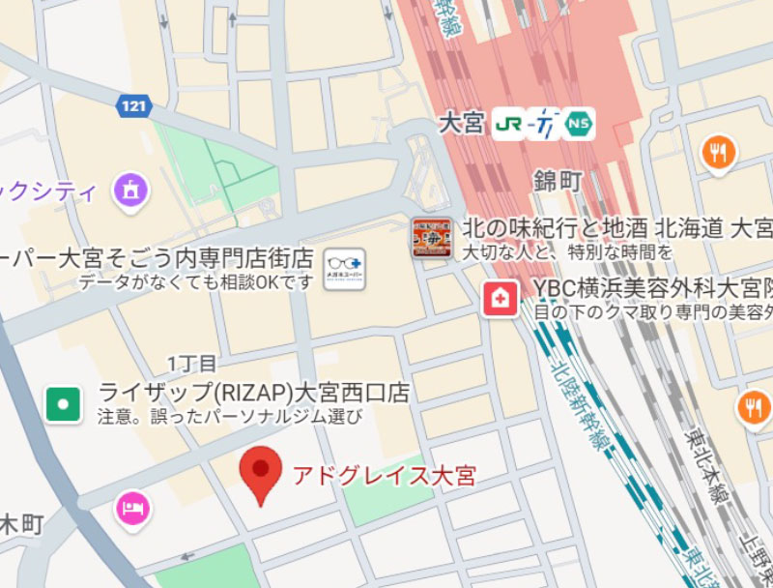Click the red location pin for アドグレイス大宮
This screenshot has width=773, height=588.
click(260, 473)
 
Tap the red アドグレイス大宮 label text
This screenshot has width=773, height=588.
click(384, 476)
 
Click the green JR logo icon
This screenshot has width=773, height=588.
click(508, 123)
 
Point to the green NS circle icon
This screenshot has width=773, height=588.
click(579, 123)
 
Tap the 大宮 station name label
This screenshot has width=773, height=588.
click(461, 124)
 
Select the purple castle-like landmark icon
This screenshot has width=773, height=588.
click(131, 190)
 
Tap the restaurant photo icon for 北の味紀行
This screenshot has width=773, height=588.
click(431, 238)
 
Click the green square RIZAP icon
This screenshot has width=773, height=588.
click(64, 403)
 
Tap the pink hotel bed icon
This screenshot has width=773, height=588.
click(132, 510)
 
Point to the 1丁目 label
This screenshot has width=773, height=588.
click(192, 364)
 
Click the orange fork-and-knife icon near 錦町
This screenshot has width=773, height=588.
click(718, 152)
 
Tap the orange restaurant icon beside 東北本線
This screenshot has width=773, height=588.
click(753, 407)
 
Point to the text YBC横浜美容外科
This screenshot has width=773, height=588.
click(619, 290)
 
